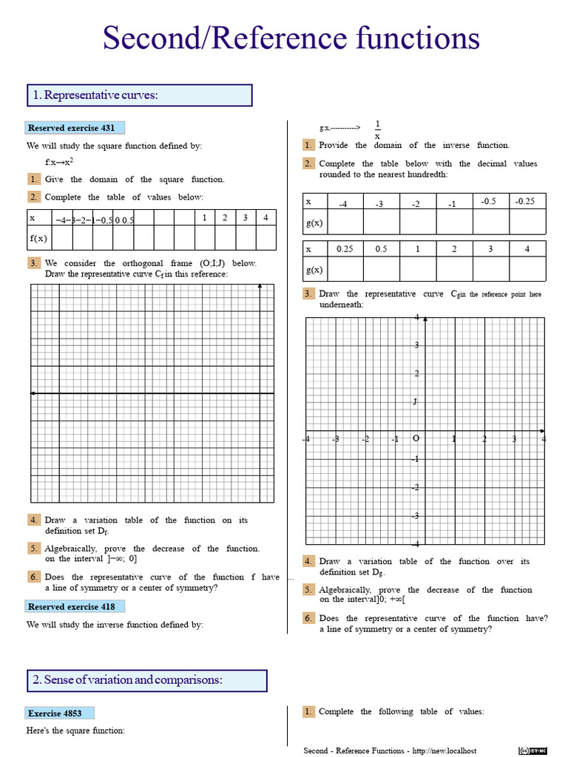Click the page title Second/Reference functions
pos(291,38)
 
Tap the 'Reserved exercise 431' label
pos(72,128)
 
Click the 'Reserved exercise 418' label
pos(72,606)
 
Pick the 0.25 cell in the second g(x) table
pos(345,249)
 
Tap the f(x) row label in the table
pos(38,238)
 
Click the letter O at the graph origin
pos(416,438)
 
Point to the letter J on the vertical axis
pos(416,402)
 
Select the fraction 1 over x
pos(377,129)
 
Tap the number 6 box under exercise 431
pos(34,577)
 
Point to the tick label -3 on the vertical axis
pos(416,515)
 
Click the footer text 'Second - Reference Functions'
pos(355,751)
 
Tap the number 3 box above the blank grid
pos(34,263)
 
